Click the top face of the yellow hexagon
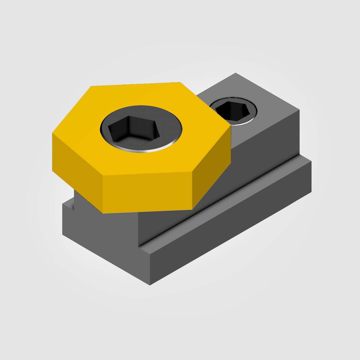pos(90,126)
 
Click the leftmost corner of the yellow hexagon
pos(52,134)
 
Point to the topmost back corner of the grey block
pos(236,73)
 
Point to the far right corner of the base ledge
pos(311,162)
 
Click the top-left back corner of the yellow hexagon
pos(91,87)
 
